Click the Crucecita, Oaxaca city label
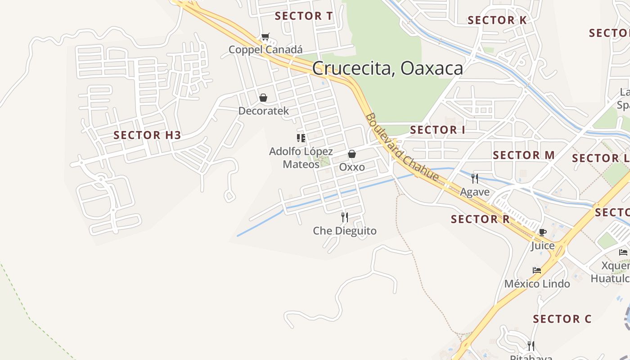click(387, 68)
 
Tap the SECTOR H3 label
click(147, 135)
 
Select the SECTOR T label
click(304, 16)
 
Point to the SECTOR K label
click(497, 20)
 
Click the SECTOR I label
click(437, 130)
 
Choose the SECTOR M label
click(524, 155)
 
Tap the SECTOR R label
click(480, 219)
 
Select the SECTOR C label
click(562, 319)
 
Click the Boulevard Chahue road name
click(401, 147)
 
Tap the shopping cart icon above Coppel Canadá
click(265, 37)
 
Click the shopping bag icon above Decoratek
click(263, 98)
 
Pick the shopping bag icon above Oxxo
click(352, 154)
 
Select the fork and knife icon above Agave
click(475, 179)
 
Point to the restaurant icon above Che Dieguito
click(345, 217)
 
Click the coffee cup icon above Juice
click(542, 232)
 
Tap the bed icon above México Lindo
click(537, 270)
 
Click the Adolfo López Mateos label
click(301, 158)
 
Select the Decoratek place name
click(263, 111)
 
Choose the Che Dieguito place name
click(345, 231)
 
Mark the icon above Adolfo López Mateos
click(301, 138)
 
